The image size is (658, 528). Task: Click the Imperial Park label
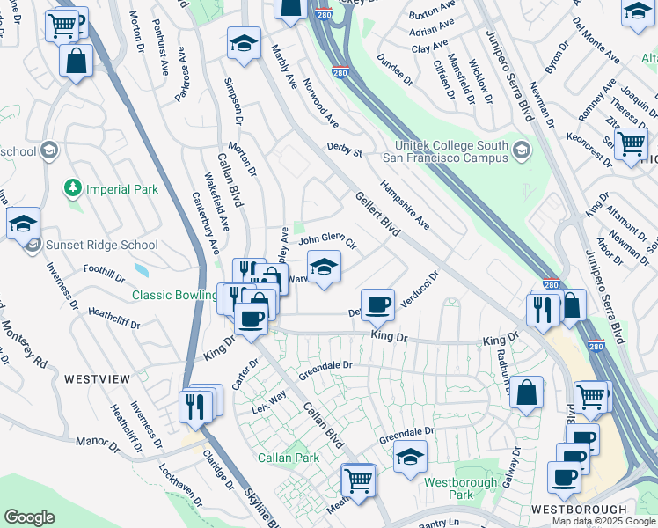click(x=121, y=189)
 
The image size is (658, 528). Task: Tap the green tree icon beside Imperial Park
click(x=73, y=188)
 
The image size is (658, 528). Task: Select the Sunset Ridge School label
click(x=102, y=246)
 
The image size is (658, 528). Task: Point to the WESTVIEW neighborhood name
click(x=97, y=378)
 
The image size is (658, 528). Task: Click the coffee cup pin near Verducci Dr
click(x=378, y=304)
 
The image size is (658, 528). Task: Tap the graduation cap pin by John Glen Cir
click(x=324, y=266)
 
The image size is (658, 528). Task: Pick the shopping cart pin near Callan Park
click(x=359, y=480)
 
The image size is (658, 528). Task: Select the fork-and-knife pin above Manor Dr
click(x=194, y=406)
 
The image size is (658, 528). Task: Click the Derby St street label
click(x=345, y=150)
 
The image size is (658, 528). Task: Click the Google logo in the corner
click(x=29, y=517)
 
